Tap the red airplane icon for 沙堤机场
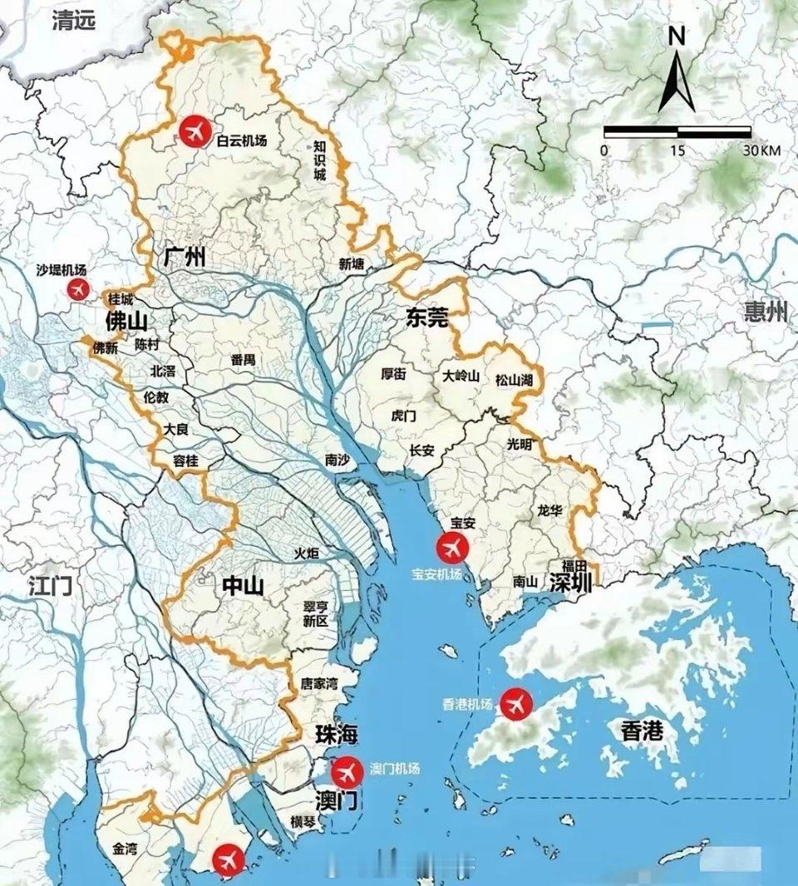(x=78, y=289)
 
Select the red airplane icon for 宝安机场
(x=453, y=547)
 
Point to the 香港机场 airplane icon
(x=517, y=704)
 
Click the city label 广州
(x=185, y=257)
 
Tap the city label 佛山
(x=126, y=321)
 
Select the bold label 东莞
(x=427, y=316)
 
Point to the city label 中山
(x=243, y=587)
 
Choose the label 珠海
(x=336, y=735)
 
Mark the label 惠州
(x=766, y=313)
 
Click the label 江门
(x=50, y=585)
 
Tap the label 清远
(x=73, y=20)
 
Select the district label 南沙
(x=337, y=460)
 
